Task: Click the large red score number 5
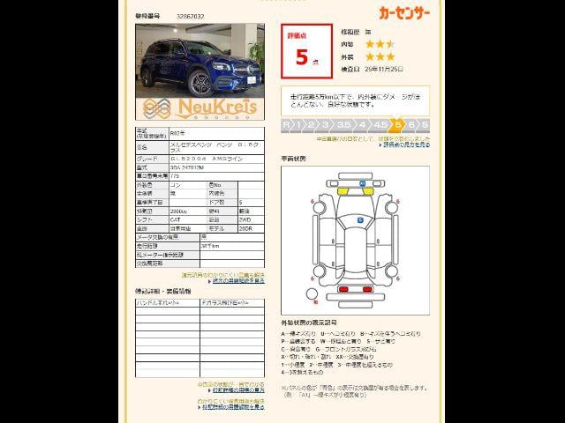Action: (x=302, y=58)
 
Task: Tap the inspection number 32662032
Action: (x=191, y=16)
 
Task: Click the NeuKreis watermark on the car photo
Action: (x=199, y=107)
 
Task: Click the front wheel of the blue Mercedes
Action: (x=201, y=83)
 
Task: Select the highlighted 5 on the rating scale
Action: (x=398, y=125)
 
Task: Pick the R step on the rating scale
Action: (x=287, y=125)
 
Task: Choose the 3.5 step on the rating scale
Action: (x=343, y=125)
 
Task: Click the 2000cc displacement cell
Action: (x=179, y=211)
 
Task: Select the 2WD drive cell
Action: (x=243, y=219)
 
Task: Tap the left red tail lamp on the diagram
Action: (x=343, y=289)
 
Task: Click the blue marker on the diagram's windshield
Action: (x=360, y=219)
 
